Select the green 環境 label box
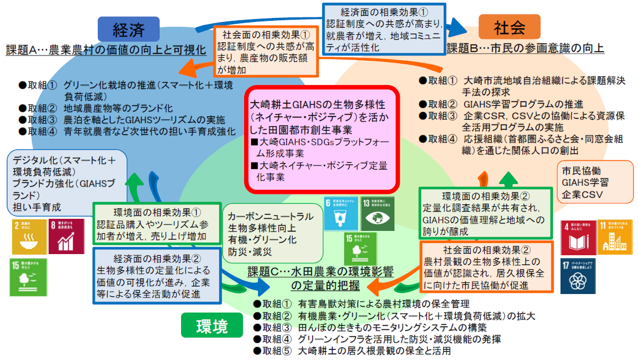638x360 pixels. (212, 326)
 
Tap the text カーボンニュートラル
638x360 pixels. (271, 216)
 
